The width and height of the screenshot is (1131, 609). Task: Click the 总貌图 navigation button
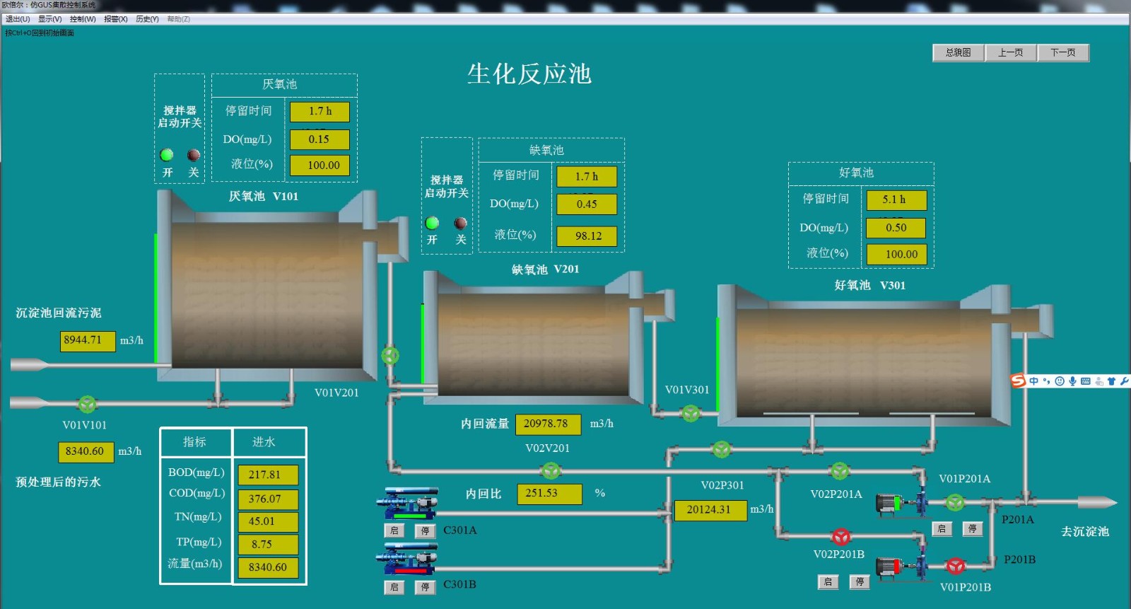click(958, 53)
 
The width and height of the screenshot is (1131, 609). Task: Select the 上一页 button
click(1010, 53)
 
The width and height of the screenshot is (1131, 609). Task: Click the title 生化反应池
click(529, 74)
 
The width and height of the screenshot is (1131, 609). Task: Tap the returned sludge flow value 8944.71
click(87, 340)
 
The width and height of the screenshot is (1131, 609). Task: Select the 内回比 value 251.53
click(549, 493)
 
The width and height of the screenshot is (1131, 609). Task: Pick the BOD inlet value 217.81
click(267, 475)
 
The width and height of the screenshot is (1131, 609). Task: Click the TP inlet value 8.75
click(267, 544)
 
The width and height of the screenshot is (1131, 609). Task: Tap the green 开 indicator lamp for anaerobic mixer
click(167, 155)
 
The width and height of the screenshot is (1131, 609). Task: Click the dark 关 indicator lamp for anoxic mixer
click(461, 224)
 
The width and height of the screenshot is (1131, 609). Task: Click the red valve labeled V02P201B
click(840, 536)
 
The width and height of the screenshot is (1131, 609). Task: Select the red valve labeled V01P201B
click(956, 566)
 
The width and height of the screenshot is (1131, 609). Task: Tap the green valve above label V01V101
click(87, 404)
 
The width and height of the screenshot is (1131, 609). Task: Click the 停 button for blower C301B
click(425, 587)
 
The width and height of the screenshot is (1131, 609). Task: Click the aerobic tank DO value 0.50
click(896, 228)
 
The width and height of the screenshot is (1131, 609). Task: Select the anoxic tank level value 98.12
click(587, 236)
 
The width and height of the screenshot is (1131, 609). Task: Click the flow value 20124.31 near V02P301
click(710, 510)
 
